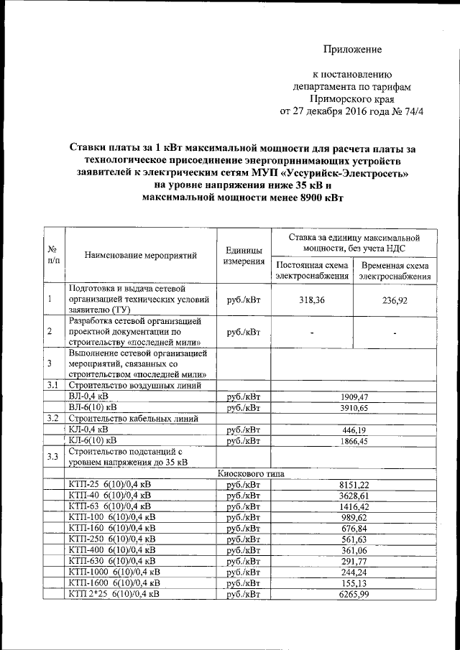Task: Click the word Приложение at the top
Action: pos(351,50)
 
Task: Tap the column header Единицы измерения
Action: pos(243,255)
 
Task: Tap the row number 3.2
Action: pos(52,418)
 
